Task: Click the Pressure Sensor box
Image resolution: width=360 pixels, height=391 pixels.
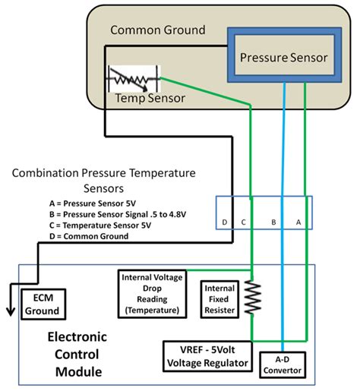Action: pos(282,57)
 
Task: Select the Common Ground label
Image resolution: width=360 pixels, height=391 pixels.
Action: pos(158,30)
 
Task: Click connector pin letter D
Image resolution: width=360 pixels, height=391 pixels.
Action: pos(224,222)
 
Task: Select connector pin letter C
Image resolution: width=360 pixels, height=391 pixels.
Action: pos(243,222)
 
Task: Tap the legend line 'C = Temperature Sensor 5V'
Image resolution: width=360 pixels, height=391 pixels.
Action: pos(102,225)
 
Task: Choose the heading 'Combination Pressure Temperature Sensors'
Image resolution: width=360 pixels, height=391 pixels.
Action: pos(103,180)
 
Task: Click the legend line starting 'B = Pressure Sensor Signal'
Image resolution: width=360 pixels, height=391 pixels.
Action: pos(114,215)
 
